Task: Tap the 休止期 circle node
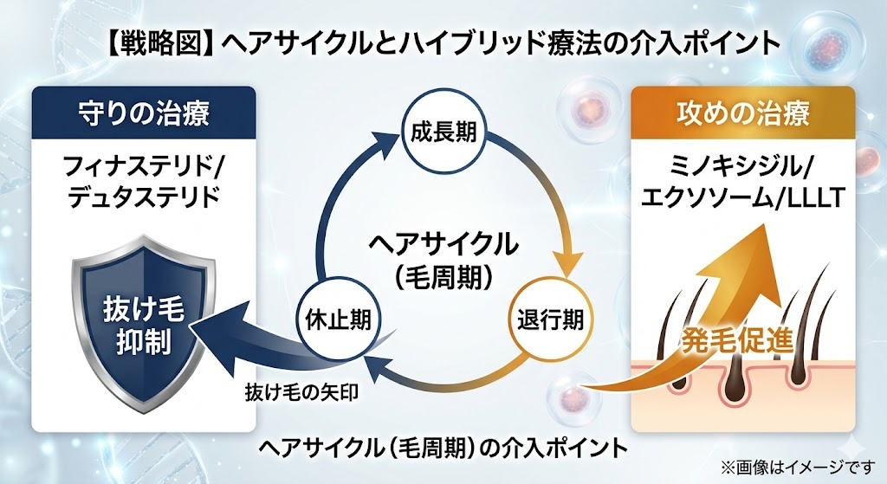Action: [339, 319]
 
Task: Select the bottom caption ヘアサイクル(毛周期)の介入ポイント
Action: [443, 447]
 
